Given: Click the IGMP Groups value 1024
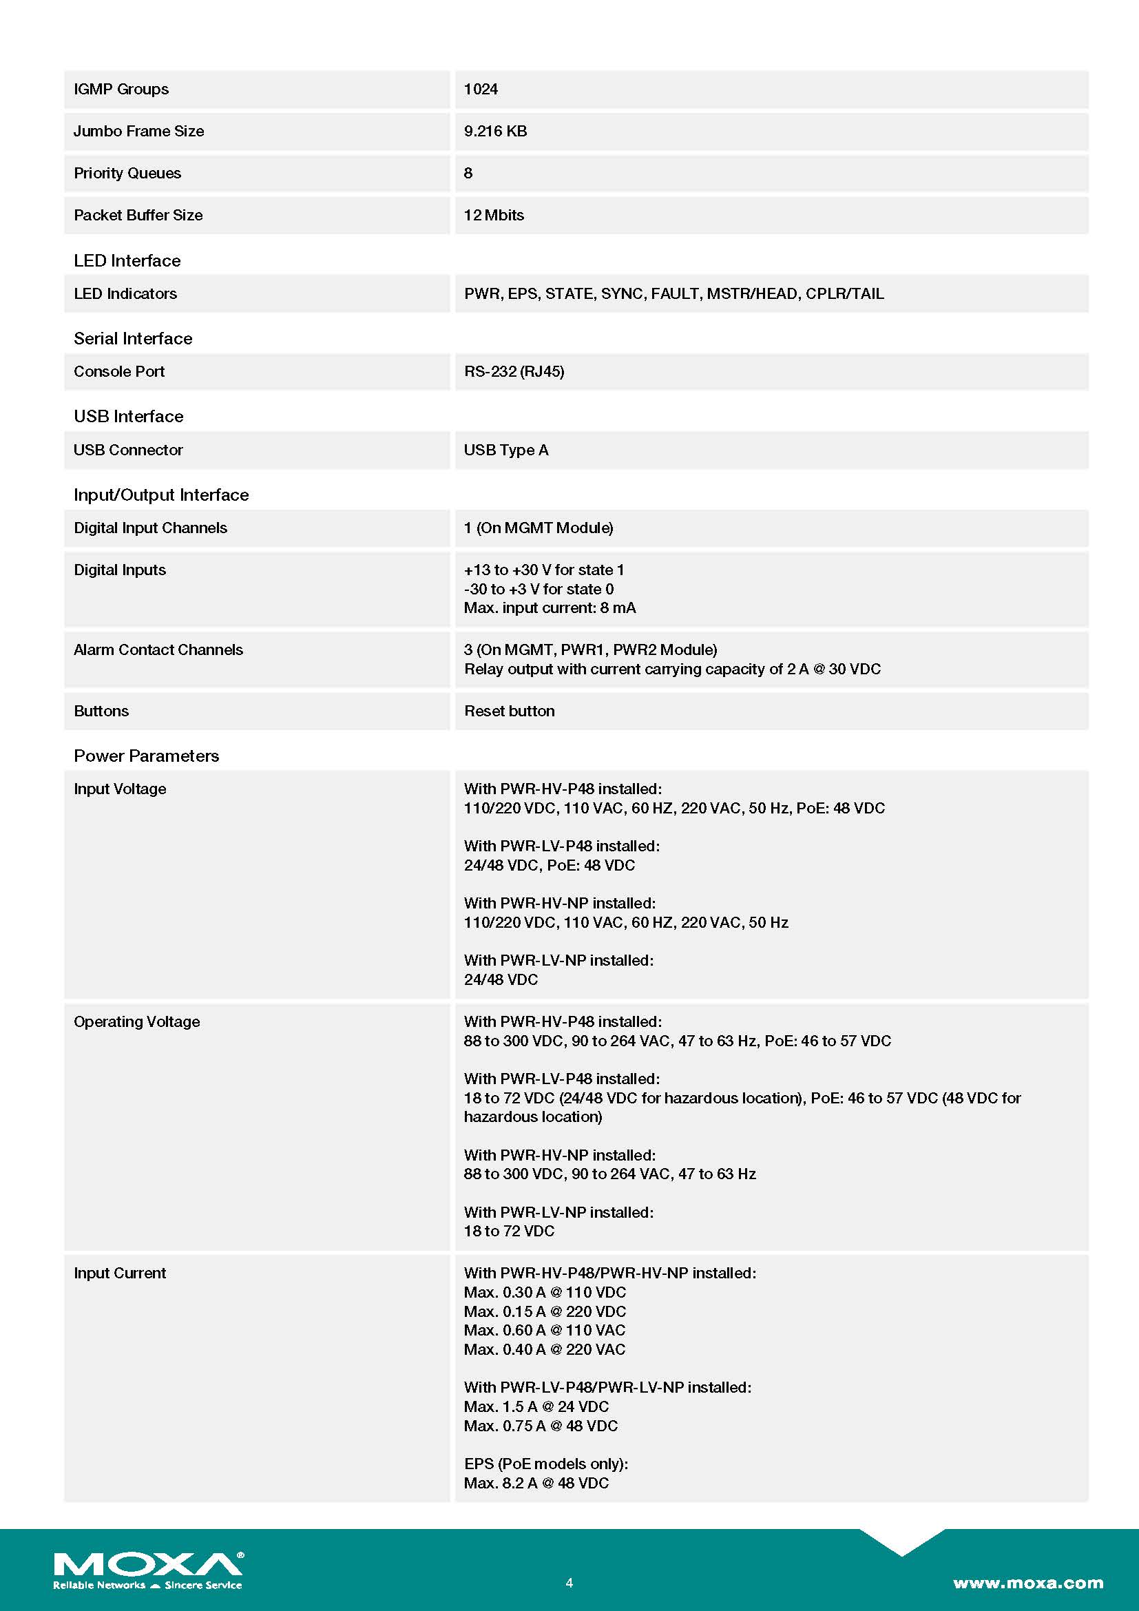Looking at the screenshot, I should pos(481,89).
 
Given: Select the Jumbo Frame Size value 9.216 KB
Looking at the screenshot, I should pos(495,132).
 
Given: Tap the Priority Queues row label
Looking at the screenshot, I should pos(127,174).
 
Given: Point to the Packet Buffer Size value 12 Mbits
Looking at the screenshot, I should pos(494,216).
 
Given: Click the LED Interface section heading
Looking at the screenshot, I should pos(127,261).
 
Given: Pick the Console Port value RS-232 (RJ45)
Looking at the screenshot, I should pos(514,372).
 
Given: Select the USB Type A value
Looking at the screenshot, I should pos(505,450).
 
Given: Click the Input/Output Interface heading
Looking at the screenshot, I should pos(160,495).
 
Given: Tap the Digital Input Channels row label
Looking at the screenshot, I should pos(150,528).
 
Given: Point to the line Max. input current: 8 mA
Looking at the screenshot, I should pos(550,608).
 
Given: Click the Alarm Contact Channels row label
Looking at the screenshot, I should pos(158,650).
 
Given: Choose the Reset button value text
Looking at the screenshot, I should pos(509,711).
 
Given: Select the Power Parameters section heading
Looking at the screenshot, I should pos(146,756).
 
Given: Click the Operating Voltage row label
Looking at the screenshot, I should pos(137,1022).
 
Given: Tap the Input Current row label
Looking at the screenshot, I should pos(120,1274).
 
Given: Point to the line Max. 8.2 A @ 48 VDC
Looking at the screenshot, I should pos(536,1484).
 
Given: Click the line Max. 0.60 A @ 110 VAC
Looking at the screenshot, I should pos(544,1331).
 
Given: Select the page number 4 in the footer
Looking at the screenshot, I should pos(569,1583).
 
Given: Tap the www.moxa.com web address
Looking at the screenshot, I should pos(1027,1583).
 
